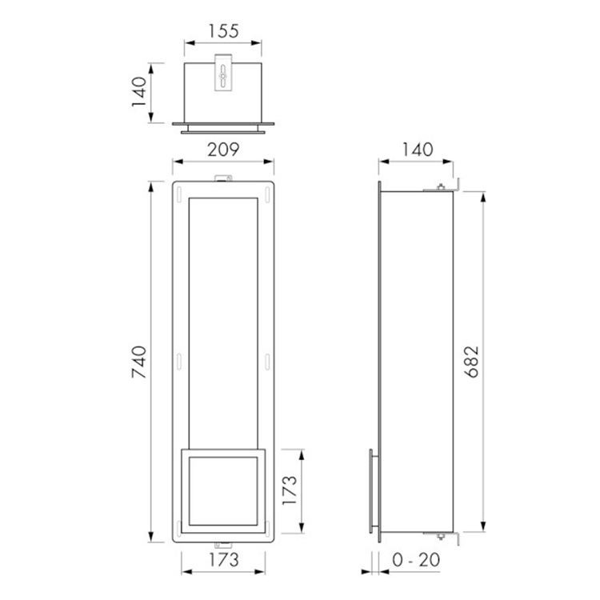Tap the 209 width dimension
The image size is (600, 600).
click(224, 149)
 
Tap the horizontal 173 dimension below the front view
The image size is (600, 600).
click(224, 561)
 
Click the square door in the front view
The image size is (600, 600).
click(224, 491)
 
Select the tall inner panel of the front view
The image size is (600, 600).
click(224, 320)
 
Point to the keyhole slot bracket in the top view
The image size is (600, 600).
click(224, 74)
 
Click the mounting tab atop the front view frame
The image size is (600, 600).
click(224, 178)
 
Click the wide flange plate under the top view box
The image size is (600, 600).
click(224, 125)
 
